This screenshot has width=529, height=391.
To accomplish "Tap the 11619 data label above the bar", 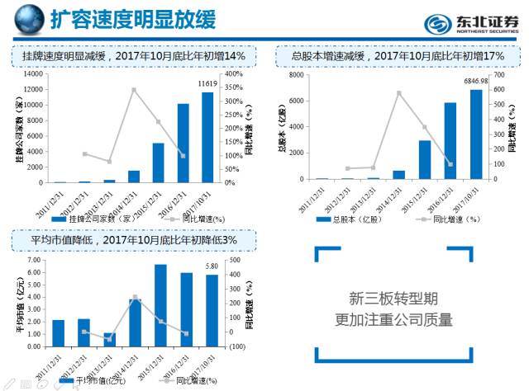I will (207, 84).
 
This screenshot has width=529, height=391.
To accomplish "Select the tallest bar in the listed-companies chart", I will (207, 137).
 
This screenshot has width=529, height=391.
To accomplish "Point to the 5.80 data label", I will (212, 266).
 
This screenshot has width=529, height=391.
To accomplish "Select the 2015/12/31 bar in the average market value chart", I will (161, 305).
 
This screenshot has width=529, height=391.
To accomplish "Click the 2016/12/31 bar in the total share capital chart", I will (450, 140).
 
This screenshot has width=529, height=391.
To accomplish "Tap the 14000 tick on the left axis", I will (33, 74).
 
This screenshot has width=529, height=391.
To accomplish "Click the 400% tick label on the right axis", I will (233, 74).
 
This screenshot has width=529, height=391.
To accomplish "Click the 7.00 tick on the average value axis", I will (33, 260).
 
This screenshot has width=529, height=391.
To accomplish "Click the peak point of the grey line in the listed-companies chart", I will (134, 89).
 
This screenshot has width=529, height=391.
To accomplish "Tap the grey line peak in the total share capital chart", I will (399, 92).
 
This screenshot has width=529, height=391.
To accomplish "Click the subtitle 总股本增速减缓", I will (397, 55).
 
